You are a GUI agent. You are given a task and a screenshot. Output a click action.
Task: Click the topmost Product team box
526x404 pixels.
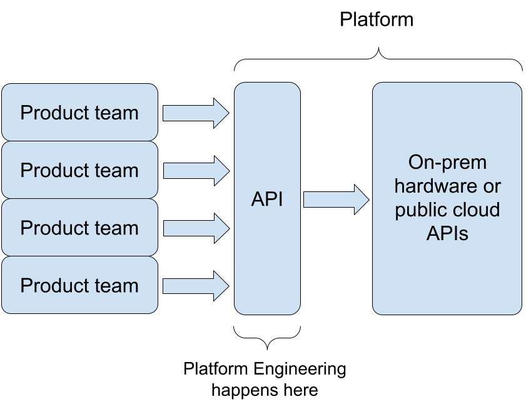coord(79,113)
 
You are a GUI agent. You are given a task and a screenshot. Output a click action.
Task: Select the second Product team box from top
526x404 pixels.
coord(79,170)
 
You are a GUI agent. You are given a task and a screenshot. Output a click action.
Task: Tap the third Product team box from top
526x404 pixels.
coord(79,228)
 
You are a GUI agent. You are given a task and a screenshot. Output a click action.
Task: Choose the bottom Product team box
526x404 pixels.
coord(79,285)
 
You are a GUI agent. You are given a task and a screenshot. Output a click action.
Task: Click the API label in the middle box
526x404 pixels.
coord(267,199)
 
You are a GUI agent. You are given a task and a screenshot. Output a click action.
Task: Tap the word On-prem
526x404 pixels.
coord(447,163)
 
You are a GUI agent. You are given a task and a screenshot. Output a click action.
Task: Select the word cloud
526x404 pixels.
coord(475,210)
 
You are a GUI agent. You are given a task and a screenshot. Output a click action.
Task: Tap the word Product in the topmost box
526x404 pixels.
coord(56,113)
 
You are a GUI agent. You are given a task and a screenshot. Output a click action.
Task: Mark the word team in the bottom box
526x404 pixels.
coord(117,286)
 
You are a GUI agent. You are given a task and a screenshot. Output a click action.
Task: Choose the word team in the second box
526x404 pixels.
coord(117,171)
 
